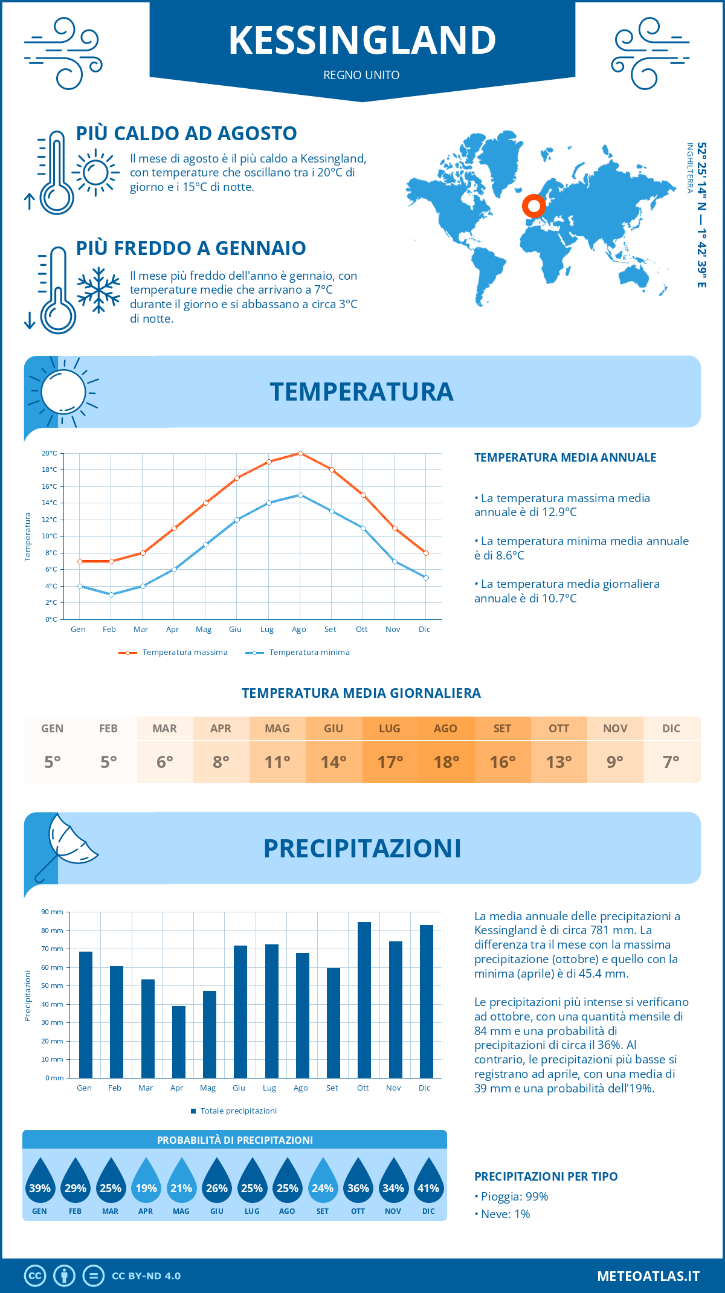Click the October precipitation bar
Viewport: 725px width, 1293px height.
point(364,1000)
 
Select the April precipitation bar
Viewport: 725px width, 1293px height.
point(179,1042)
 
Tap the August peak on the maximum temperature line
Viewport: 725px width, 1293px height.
point(300,453)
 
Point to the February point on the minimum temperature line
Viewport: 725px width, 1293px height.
point(111,595)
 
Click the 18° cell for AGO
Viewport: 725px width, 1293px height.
point(446,762)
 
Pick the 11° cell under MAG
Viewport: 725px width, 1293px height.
point(277,762)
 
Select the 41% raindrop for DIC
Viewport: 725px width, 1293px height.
point(428,1182)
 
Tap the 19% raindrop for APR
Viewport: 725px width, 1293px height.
point(146,1182)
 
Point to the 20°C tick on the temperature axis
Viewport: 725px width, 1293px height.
point(50,453)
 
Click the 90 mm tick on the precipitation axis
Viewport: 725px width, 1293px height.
point(53,912)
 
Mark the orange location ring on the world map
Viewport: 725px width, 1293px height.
point(533,206)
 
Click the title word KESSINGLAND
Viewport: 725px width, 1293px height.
point(362,40)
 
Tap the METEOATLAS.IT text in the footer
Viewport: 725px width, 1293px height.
point(648,1276)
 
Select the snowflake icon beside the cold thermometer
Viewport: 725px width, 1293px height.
point(98,290)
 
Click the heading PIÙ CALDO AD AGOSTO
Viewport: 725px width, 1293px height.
point(186,133)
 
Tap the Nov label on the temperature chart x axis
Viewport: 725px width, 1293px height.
point(393,630)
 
